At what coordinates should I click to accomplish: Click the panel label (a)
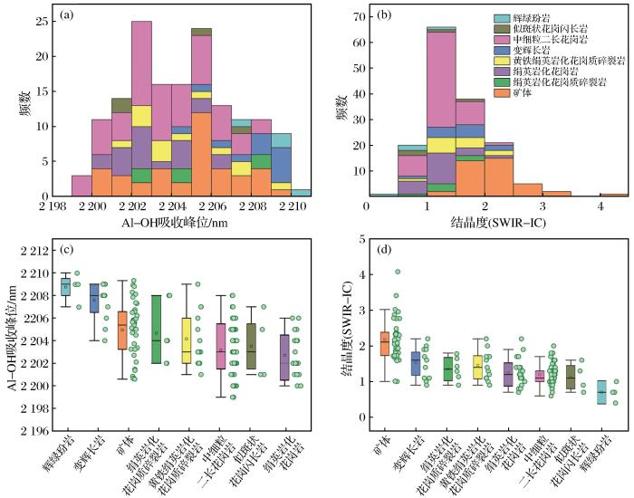point(68,15)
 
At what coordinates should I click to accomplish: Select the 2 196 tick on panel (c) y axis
point(31,431)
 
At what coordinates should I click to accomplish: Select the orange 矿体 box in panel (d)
point(384,343)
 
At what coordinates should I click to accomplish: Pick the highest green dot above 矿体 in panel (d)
point(397,271)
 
